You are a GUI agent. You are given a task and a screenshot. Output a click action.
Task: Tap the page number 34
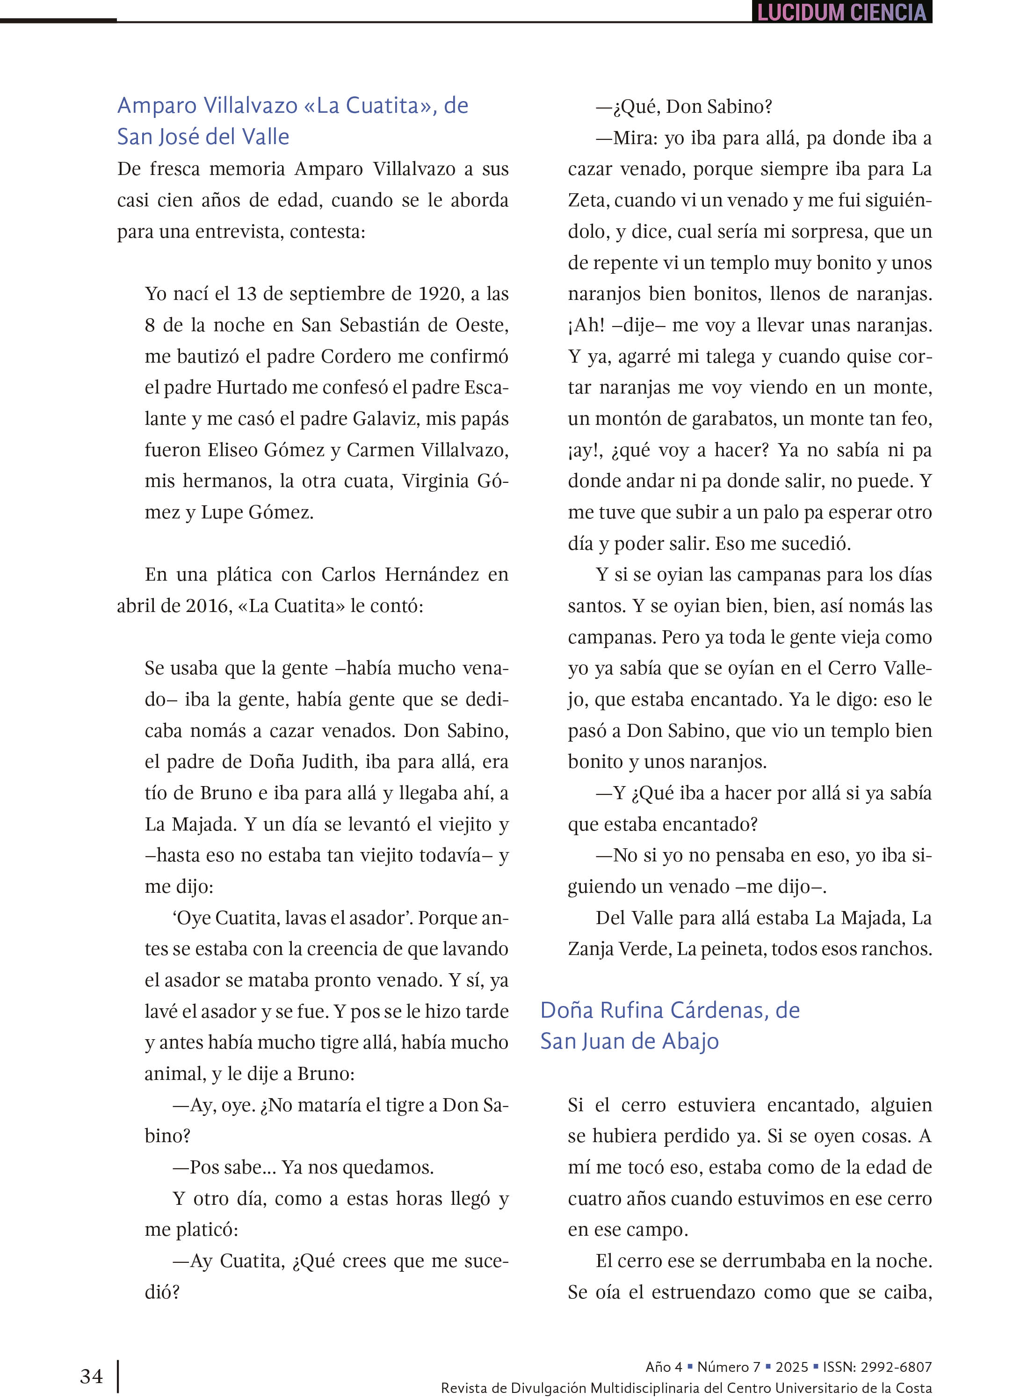[x=91, y=1376]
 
